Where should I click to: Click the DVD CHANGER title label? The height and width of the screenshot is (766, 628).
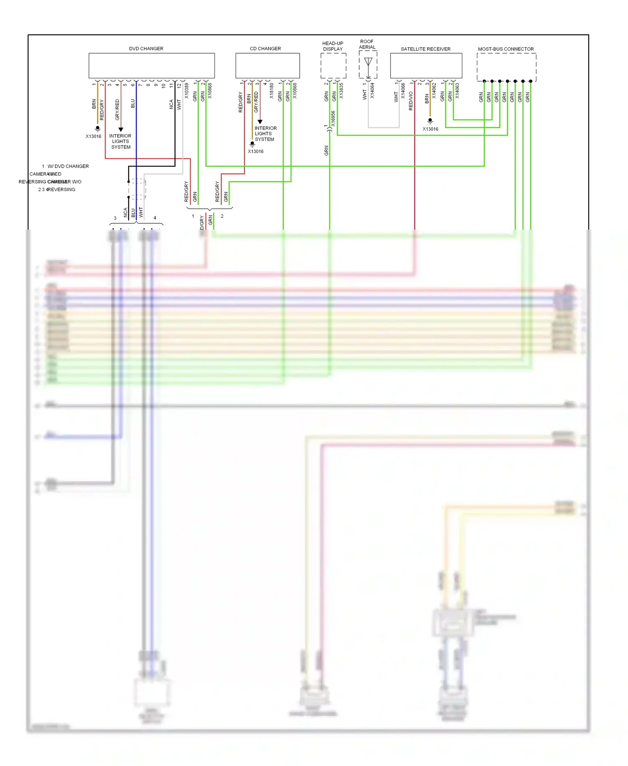tap(146, 49)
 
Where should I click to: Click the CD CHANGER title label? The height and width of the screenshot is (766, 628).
tap(265, 49)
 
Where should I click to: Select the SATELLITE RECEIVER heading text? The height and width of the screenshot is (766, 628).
tap(425, 49)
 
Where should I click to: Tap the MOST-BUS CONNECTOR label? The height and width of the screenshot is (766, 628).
tap(506, 49)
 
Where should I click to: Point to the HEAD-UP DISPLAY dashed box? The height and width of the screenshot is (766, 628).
tap(333, 66)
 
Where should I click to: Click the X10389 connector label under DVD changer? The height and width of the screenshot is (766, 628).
tap(187, 91)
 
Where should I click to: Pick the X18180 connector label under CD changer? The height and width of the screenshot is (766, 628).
tap(272, 91)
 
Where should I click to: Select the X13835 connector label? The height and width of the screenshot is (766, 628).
tap(341, 91)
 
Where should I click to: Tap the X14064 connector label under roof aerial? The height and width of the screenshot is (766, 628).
tap(372, 91)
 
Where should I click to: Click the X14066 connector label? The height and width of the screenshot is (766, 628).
tap(403, 91)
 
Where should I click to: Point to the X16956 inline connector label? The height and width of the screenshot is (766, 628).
tap(333, 119)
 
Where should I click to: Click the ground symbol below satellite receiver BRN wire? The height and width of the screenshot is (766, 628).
tap(430, 121)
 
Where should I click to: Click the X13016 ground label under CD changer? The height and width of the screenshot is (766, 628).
tap(255, 151)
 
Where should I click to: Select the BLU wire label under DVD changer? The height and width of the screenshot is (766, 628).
tap(133, 104)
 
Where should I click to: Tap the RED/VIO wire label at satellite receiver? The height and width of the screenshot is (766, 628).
tap(411, 101)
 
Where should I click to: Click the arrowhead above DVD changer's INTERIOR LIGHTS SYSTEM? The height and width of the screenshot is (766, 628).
tap(121, 129)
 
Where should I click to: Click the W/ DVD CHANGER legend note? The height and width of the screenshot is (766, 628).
tap(68, 166)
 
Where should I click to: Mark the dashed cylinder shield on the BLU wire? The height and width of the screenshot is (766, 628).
tap(137, 189)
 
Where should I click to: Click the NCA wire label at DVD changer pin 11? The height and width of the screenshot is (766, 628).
tap(171, 104)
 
